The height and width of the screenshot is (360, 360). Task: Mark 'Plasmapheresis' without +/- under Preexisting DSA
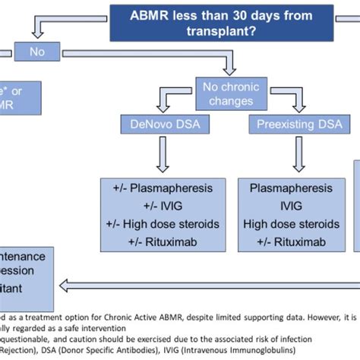click(292, 187)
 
